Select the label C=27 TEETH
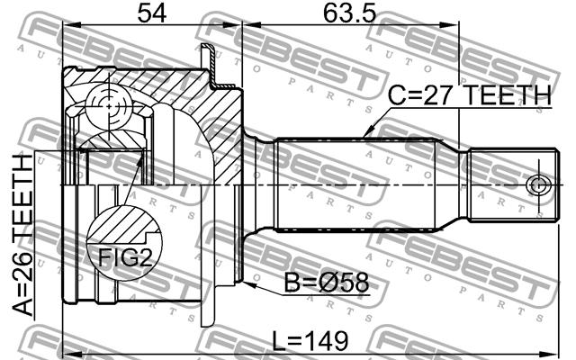(x=470, y=95)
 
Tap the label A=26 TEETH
(x=22, y=235)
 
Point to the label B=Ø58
(x=327, y=283)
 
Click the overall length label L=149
(x=310, y=341)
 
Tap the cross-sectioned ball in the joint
(x=109, y=106)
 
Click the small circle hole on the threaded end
(x=538, y=185)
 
